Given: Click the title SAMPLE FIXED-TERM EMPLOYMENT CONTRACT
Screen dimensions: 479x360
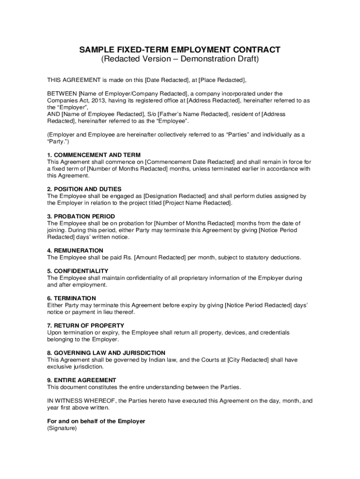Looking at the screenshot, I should [x=180, y=49].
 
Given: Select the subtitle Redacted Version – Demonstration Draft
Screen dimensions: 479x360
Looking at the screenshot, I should [x=180, y=60].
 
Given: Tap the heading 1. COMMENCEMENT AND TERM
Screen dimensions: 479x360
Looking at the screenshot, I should [x=94, y=155].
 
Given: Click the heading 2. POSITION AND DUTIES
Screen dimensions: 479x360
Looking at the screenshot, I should [x=84, y=189].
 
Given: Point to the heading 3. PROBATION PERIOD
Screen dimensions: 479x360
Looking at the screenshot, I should [x=81, y=217].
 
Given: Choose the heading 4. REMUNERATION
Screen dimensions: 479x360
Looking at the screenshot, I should [x=75, y=251].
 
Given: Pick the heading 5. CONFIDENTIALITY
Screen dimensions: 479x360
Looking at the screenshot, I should [x=78, y=271].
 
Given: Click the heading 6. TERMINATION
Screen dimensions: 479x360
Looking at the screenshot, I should [x=72, y=298].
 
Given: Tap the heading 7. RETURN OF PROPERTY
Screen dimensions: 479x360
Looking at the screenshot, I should [x=86, y=326].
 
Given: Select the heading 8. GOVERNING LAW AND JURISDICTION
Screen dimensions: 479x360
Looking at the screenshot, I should [x=106, y=353].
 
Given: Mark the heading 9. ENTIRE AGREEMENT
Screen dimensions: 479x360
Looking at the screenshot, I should [x=82, y=380].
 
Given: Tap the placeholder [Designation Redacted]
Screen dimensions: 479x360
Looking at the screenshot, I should [x=174, y=196].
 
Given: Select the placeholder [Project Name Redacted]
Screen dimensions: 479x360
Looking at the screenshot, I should [x=197, y=203].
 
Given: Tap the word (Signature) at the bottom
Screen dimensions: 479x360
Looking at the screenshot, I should [x=62, y=428].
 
